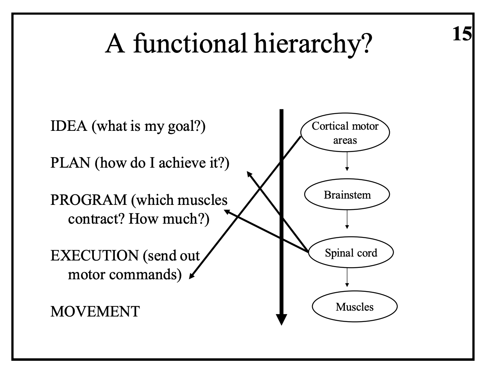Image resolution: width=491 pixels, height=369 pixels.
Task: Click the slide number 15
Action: tap(462, 34)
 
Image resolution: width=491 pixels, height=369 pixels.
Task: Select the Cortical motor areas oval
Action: tap(345, 133)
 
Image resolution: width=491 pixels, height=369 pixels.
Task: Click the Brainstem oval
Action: tap(347, 195)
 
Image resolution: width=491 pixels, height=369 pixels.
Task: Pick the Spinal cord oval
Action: tap(351, 253)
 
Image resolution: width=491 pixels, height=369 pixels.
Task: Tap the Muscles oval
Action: tap(354, 306)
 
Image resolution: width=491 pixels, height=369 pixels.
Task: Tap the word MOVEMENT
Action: tap(95, 312)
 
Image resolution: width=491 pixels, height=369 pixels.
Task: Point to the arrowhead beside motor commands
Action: tap(192, 277)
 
